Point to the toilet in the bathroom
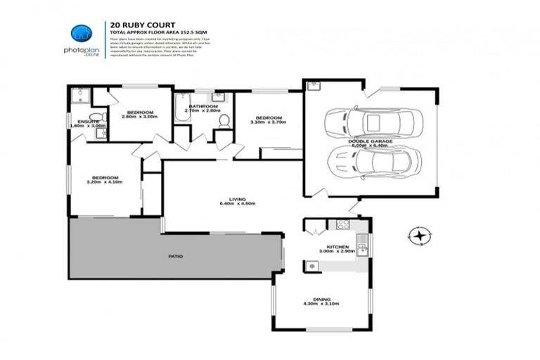click(x=224, y=122)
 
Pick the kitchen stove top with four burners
click(x=342, y=225)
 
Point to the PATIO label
click(x=176, y=257)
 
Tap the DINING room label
click(x=320, y=299)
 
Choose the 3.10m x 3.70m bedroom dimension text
click(x=268, y=122)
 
